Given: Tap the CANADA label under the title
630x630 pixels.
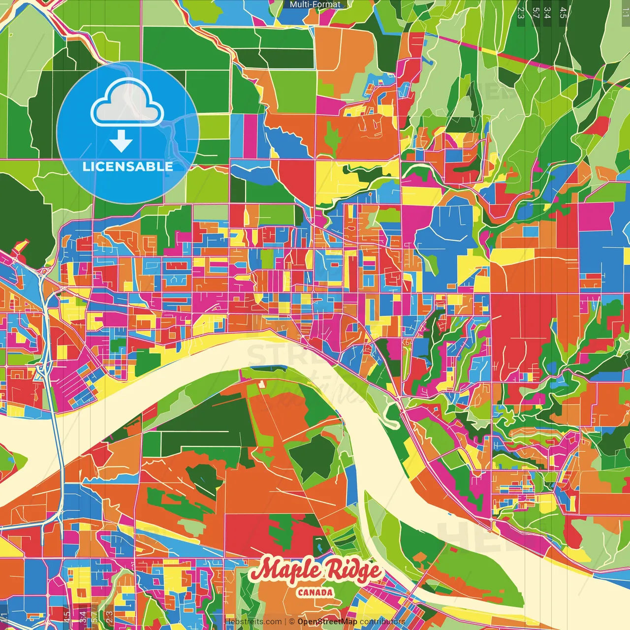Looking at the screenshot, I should (315, 593).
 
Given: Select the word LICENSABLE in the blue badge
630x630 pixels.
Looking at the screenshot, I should (128, 166).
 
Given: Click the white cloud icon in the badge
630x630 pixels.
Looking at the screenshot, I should (127, 102).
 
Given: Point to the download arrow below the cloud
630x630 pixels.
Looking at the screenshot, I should (121, 142).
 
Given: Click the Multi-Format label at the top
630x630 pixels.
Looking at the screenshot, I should (315, 4).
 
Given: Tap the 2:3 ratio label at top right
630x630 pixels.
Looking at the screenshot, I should (521, 12).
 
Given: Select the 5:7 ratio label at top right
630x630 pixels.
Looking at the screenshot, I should (535, 12).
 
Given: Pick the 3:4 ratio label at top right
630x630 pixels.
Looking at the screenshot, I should (547, 12).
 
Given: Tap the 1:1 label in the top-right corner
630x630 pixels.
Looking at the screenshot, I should (625, 11).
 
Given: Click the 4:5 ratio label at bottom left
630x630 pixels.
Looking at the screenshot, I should (66, 617).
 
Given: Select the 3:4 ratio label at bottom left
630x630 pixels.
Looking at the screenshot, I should (83, 617).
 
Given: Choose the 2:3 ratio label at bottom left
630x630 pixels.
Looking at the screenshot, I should (109, 617).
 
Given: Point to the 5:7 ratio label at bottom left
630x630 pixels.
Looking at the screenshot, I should (94, 617).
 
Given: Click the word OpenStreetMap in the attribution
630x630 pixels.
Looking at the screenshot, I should (327, 622).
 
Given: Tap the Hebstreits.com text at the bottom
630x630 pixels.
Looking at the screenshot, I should (253, 622).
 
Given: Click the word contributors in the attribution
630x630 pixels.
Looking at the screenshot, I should (382, 622).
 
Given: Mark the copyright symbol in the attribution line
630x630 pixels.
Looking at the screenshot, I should (292, 622).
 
